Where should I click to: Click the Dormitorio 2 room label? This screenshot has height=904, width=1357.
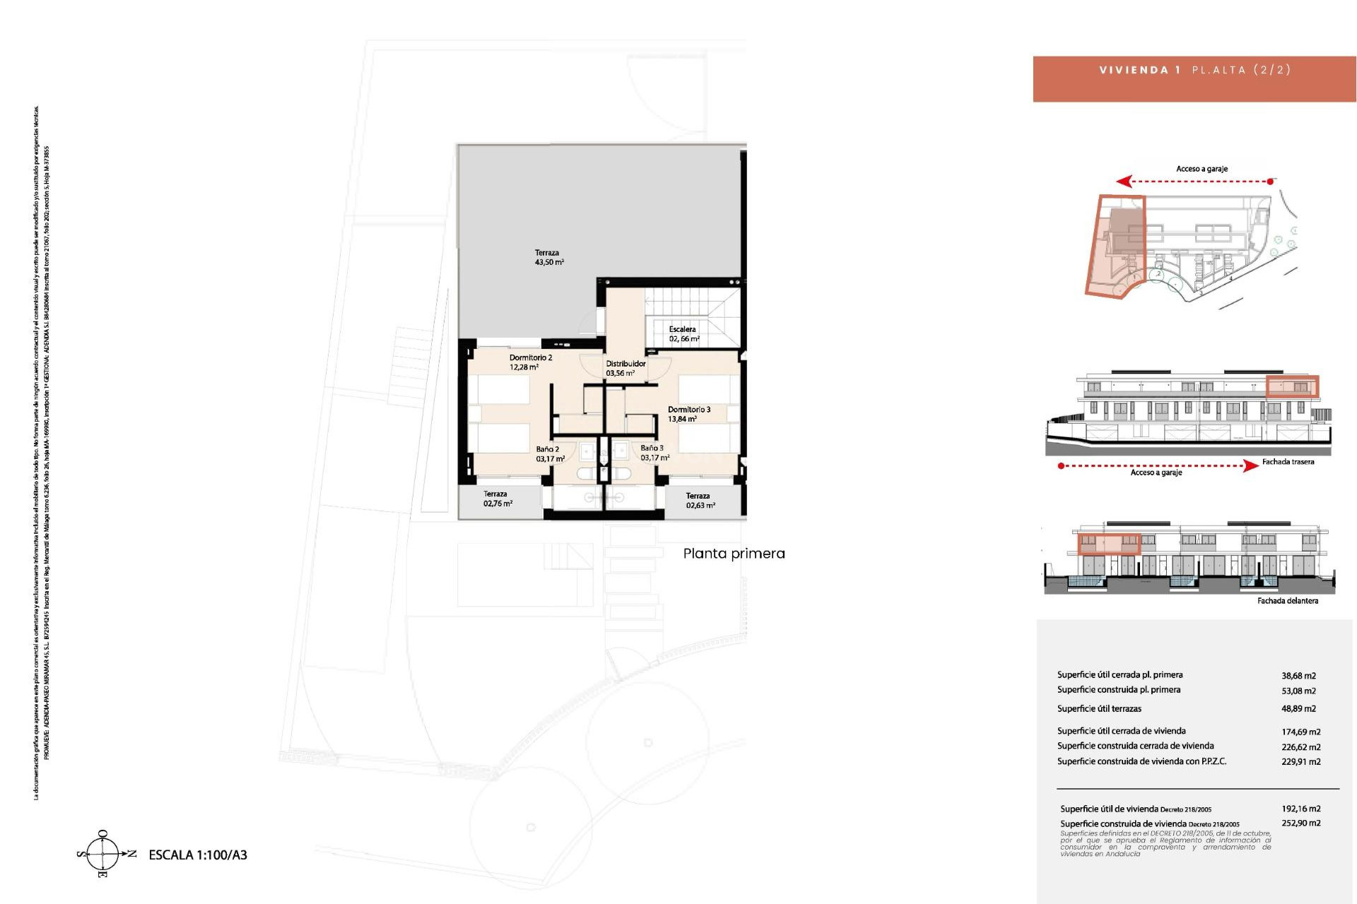[530, 362]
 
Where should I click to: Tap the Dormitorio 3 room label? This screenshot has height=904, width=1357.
[688, 414]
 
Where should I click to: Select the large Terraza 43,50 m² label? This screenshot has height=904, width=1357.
[548, 257]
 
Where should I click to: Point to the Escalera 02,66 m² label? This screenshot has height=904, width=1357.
[683, 334]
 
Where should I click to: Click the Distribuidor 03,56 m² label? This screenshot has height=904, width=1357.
[625, 368]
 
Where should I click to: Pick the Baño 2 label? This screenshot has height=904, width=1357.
[548, 453]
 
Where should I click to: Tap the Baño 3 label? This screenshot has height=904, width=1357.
[654, 453]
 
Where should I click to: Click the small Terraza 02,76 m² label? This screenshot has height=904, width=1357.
[497, 499]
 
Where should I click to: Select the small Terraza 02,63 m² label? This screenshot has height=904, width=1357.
[699, 500]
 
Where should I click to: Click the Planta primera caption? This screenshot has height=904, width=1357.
[734, 554]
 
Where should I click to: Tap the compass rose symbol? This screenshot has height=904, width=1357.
[103, 855]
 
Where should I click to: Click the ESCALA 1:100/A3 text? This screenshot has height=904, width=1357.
[198, 855]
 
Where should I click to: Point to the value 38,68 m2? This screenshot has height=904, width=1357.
[1298, 676]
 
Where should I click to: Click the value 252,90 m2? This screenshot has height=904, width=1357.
[1300, 823]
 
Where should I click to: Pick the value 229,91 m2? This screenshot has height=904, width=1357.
[1300, 762]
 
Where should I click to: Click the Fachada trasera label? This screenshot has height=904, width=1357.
[1288, 462]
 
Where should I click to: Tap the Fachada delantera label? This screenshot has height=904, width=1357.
[1287, 601]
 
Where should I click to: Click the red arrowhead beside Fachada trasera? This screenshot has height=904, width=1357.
[1250, 466]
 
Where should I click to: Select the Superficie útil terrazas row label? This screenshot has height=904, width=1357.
[1099, 708]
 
